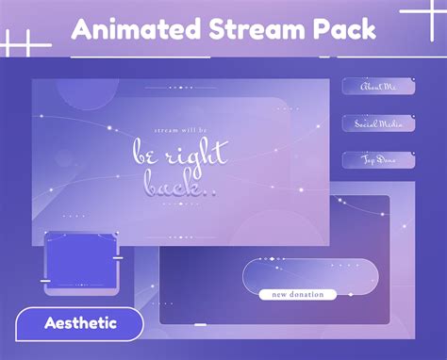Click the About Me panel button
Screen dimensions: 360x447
click(x=378, y=87)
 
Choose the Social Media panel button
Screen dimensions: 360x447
click(x=378, y=123)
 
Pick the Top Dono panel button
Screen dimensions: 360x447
click(x=378, y=160)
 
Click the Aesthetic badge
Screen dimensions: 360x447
click(x=80, y=323)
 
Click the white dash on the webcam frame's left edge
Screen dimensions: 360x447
click(x=45, y=280)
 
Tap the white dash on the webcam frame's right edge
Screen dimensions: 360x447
click(x=118, y=256)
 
